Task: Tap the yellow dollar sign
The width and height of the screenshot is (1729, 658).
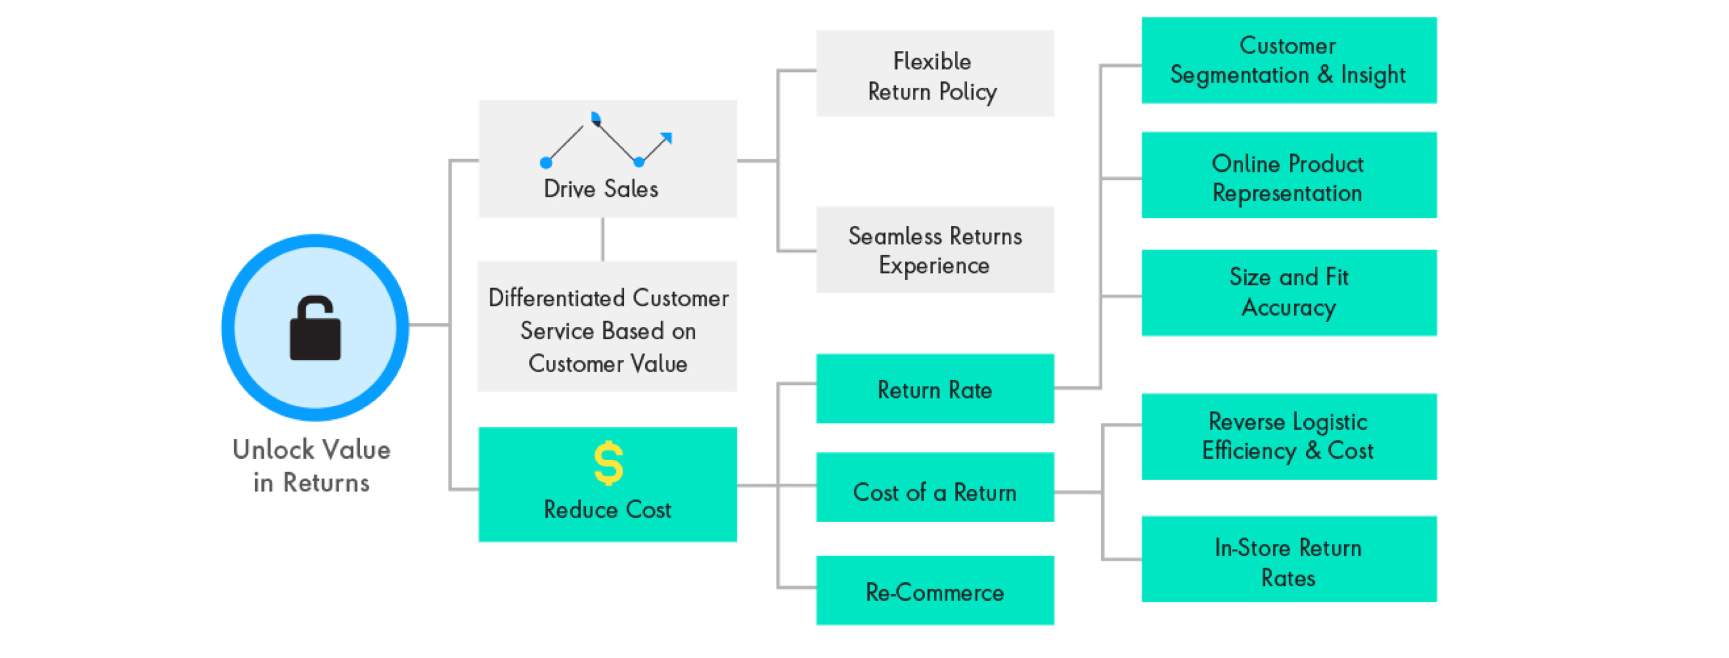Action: point(609,463)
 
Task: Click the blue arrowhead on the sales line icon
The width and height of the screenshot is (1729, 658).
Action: point(666,138)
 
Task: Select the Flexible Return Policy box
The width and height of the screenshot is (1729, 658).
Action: point(935,73)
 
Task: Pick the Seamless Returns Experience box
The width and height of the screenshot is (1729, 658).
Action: point(935,249)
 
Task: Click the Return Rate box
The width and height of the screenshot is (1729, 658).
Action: point(935,389)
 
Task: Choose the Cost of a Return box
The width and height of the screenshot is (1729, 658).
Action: point(935,487)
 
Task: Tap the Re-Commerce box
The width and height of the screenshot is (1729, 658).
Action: point(935,591)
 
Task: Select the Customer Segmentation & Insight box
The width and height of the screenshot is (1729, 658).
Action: point(1289,60)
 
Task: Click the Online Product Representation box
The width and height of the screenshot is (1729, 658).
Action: point(1289,175)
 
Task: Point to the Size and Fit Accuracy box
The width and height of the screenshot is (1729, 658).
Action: point(1289,293)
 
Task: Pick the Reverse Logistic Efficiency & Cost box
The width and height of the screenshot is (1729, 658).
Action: point(1289,437)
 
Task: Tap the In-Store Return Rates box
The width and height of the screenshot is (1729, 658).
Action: point(1289,559)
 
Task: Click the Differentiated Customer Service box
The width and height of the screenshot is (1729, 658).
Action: point(608,326)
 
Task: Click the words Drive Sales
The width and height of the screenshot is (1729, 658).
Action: point(601,188)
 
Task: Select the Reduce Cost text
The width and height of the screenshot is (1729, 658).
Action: point(608,510)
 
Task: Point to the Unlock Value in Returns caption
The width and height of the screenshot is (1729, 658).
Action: point(312,465)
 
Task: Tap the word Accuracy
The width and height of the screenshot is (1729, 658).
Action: point(1289,308)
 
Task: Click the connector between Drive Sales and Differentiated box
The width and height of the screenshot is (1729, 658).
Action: point(603,239)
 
